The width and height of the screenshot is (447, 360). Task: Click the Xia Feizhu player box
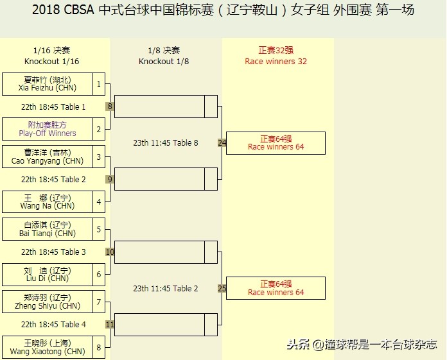(x=48, y=84)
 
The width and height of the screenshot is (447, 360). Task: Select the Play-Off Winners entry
(x=48, y=129)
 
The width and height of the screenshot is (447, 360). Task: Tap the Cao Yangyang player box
(x=48, y=157)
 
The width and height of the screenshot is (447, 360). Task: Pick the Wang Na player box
(x=48, y=201)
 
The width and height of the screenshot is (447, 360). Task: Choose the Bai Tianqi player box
(x=48, y=229)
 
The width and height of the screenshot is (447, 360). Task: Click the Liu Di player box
(x=48, y=274)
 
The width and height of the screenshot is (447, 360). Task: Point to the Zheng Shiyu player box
(x=48, y=302)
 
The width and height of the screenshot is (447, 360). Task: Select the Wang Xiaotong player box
(x=48, y=347)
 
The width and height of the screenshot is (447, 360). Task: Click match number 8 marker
(x=110, y=107)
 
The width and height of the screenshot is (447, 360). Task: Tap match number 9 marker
(x=110, y=179)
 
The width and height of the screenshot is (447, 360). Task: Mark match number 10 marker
(x=110, y=252)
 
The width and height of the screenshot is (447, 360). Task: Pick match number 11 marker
(x=110, y=324)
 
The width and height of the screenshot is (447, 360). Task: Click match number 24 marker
(x=222, y=142)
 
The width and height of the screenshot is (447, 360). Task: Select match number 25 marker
(x=222, y=288)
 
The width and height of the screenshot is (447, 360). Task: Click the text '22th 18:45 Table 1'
(x=53, y=107)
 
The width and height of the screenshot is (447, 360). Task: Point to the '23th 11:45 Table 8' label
(x=166, y=143)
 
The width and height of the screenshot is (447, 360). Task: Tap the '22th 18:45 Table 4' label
(x=53, y=325)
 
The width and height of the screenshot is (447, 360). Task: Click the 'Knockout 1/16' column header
(x=52, y=62)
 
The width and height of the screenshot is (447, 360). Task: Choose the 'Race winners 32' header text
(x=276, y=62)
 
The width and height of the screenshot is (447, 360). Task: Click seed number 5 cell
(x=99, y=229)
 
